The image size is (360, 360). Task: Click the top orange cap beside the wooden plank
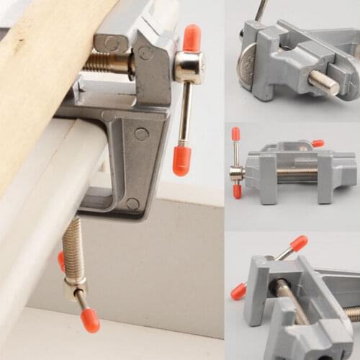point(192,37)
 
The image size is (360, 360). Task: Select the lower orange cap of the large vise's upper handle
point(182,160)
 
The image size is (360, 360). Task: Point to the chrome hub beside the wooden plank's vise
point(188,67)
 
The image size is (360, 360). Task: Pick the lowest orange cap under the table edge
point(90,321)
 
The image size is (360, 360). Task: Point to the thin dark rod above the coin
point(261,10)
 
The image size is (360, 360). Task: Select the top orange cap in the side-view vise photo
point(235,134)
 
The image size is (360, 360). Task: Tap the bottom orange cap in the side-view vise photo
point(237,192)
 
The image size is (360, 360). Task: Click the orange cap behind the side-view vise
point(318,143)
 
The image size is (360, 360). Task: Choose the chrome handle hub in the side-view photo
point(236,173)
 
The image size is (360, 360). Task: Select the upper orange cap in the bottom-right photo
point(299,243)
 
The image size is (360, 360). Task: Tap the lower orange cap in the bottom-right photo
point(238,291)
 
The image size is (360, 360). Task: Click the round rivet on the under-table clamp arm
point(141,134)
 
